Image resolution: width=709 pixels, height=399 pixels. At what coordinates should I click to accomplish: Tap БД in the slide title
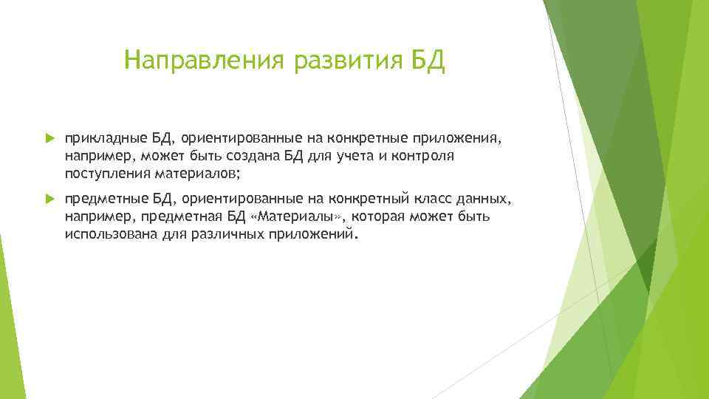point(428,60)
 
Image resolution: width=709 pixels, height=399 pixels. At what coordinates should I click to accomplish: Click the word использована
point(111,235)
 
